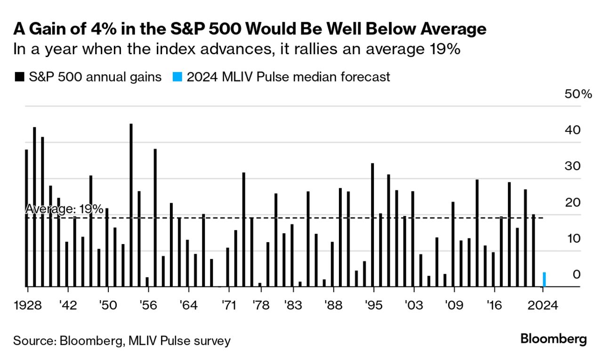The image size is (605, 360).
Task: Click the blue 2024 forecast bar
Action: [544, 279]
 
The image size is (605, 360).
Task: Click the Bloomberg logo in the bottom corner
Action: [554, 339]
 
